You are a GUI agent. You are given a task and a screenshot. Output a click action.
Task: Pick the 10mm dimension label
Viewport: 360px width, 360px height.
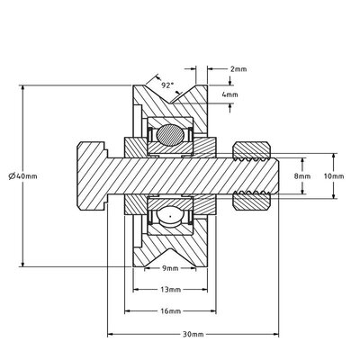[333, 176]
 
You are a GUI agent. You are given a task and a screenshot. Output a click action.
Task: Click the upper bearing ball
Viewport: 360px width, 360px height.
[170, 137]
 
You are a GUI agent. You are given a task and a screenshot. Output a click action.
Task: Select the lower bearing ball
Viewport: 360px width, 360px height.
[170, 215]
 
